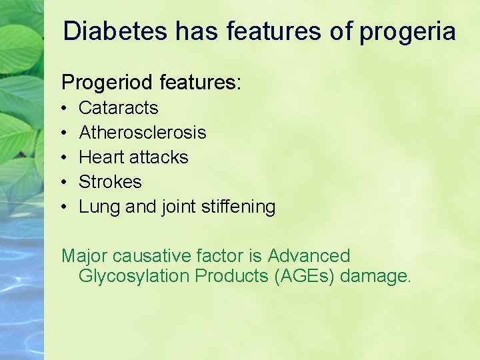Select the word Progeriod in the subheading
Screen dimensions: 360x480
108,83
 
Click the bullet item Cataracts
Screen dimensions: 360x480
119,108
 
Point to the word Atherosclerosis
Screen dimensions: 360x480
143,133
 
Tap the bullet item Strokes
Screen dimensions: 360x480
110,182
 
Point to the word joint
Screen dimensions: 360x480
179,207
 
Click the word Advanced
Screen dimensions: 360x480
309,256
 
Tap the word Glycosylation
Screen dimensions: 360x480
134,276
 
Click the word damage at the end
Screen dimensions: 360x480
375,276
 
